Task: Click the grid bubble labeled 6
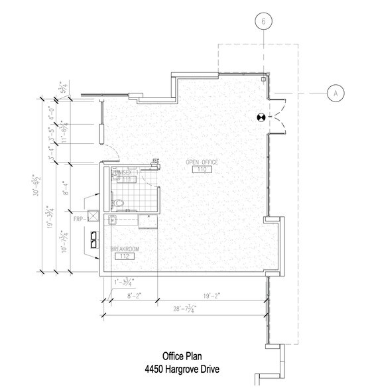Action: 265,22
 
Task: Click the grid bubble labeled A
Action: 336,94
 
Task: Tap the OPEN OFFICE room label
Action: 203,162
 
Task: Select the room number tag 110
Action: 202,170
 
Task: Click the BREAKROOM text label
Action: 124,249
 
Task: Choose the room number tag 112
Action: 123,256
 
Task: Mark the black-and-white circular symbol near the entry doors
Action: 262,117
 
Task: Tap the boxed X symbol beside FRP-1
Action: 94,216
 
